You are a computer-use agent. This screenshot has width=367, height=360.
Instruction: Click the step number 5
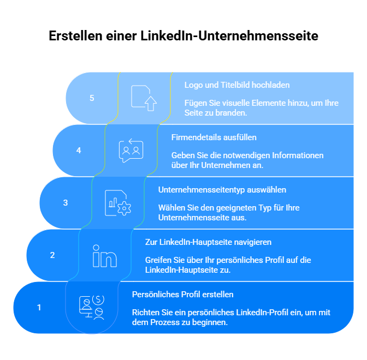92,98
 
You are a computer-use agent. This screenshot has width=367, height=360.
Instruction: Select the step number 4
79,151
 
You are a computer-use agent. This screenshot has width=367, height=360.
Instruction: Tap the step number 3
66,203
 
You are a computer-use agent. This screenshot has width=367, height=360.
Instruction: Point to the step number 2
52,255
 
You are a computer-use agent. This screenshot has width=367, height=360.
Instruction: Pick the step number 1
39,308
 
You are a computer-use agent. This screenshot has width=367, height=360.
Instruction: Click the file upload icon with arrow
144,98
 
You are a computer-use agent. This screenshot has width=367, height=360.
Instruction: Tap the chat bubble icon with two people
131,151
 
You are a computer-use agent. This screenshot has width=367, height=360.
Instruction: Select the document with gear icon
118,203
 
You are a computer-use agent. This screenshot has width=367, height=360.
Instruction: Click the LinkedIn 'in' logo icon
105,256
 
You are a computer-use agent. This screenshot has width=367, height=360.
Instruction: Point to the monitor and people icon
92,308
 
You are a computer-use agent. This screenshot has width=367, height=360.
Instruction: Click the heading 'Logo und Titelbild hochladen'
237,85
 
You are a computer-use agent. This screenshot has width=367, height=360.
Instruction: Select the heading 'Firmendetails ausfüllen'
214,137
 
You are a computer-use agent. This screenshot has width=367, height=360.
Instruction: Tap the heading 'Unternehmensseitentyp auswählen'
222,190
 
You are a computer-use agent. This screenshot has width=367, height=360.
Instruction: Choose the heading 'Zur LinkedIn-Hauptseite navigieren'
208,242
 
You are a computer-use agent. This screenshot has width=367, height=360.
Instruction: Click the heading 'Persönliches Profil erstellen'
183,295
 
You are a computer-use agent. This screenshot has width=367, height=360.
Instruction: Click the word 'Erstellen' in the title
75,36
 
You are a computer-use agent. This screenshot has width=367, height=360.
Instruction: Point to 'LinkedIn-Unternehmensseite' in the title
229,36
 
